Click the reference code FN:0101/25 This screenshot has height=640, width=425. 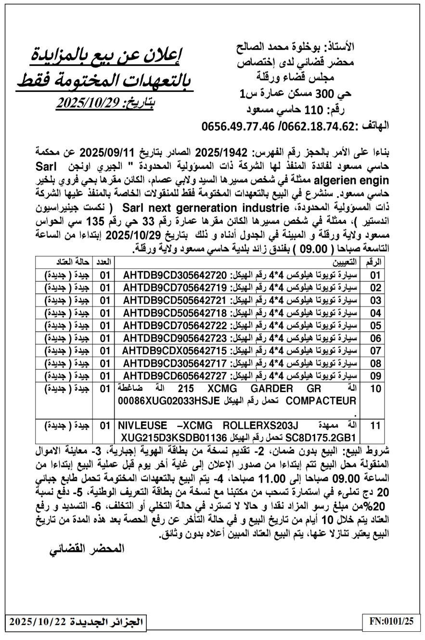click(391, 621)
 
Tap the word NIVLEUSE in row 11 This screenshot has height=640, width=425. click(143, 425)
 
